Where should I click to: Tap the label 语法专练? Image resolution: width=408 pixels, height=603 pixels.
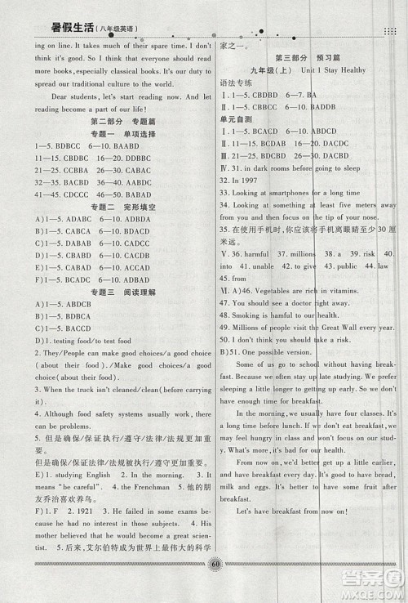(x=235, y=83)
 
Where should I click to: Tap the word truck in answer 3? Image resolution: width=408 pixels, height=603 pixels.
(x=73, y=391)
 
